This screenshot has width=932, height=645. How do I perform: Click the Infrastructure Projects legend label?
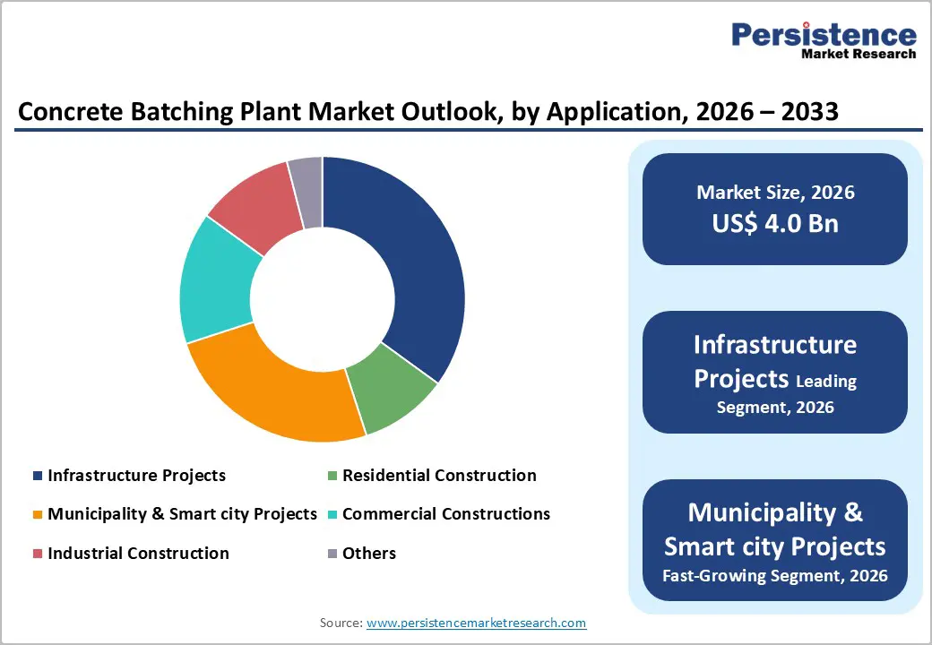(136, 476)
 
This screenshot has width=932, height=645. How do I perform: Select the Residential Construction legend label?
(439, 476)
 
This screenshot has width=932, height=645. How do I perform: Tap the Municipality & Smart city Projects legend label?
(182, 514)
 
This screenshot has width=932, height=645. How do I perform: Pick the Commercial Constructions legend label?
(446, 514)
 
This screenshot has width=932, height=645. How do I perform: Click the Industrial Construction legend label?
(138, 554)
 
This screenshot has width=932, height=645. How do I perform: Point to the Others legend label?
(369, 554)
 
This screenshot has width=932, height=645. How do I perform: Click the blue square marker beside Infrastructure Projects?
(37, 476)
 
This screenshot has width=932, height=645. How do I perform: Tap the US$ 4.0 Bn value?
(775, 223)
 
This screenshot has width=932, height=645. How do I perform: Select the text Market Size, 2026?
(775, 193)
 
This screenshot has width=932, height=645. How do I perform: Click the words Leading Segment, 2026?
(787, 394)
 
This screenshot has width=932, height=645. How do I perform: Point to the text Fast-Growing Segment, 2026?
(775, 575)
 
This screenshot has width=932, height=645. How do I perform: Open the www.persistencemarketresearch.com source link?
(476, 623)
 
